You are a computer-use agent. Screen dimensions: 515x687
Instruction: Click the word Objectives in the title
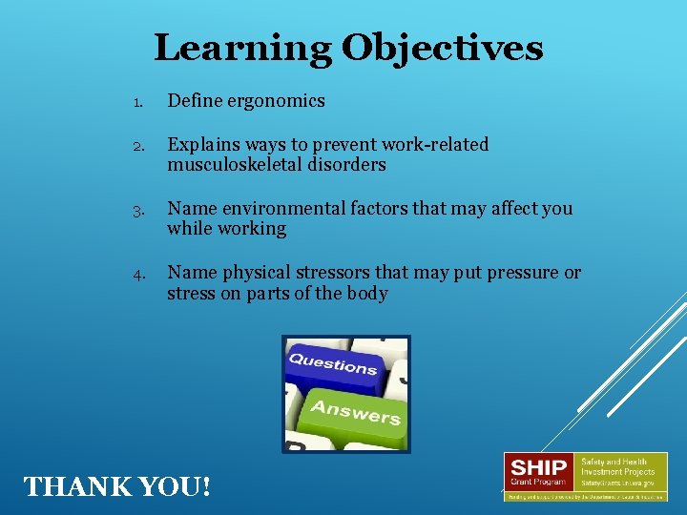[443, 48]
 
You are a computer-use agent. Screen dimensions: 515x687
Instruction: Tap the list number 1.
[137, 102]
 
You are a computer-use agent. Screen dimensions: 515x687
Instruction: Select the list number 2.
[137, 147]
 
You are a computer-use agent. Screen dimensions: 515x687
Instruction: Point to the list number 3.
[137, 210]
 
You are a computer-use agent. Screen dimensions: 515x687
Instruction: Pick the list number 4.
[137, 274]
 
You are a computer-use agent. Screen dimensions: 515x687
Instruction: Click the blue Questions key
[333, 363]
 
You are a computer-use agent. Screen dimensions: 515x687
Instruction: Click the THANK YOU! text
[115, 486]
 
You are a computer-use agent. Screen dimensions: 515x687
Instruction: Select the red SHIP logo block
[538, 471]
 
